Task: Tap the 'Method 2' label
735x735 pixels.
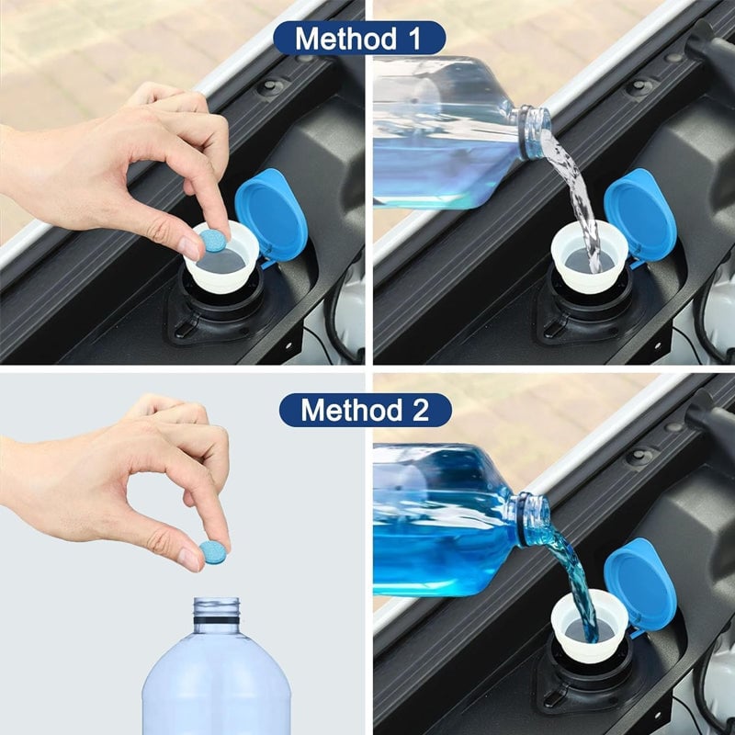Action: (x=365, y=410)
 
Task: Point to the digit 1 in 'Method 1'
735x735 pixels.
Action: (x=420, y=39)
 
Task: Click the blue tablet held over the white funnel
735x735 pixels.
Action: (x=213, y=241)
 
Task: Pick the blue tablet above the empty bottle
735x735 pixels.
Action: (x=214, y=551)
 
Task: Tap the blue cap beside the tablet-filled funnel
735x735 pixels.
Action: (x=271, y=214)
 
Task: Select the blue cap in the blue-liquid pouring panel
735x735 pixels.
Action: (x=640, y=584)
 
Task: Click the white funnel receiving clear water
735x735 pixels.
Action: (x=588, y=257)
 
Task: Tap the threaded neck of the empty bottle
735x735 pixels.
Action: (x=217, y=614)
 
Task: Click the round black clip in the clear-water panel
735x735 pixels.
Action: (x=640, y=87)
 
